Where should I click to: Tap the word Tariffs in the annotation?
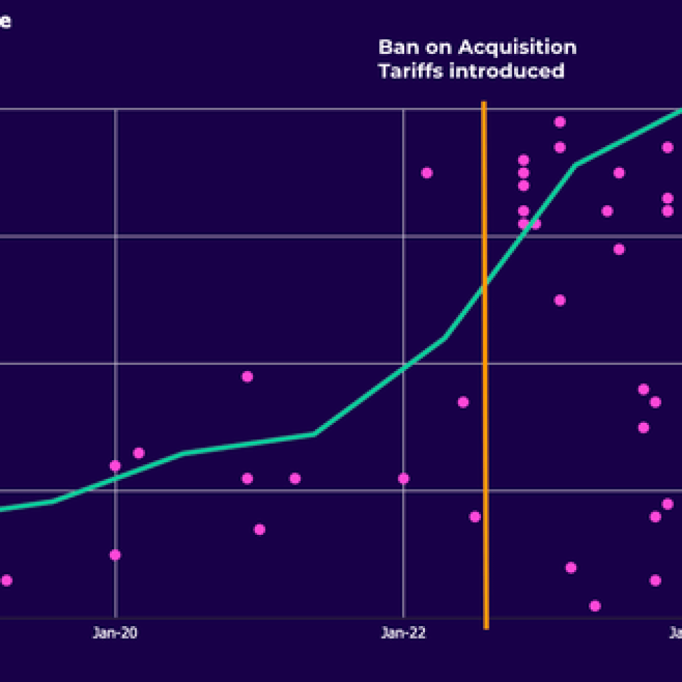click(410, 71)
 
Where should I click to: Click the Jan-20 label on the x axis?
click(115, 633)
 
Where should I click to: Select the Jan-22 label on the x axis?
click(404, 633)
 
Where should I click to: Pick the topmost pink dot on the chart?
click(560, 122)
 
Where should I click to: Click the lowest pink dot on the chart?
click(595, 606)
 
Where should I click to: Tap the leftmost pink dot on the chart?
click(7, 581)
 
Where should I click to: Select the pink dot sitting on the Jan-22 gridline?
click(404, 478)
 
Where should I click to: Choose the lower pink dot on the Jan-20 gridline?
click(115, 555)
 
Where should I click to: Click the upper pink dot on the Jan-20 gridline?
click(115, 466)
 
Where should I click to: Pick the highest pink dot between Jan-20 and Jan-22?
click(247, 377)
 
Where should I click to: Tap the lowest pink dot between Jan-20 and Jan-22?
click(260, 529)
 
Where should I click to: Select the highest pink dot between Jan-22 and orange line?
click(427, 173)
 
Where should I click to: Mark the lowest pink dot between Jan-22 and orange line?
click(475, 517)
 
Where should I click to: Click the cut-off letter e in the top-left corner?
click(5, 22)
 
